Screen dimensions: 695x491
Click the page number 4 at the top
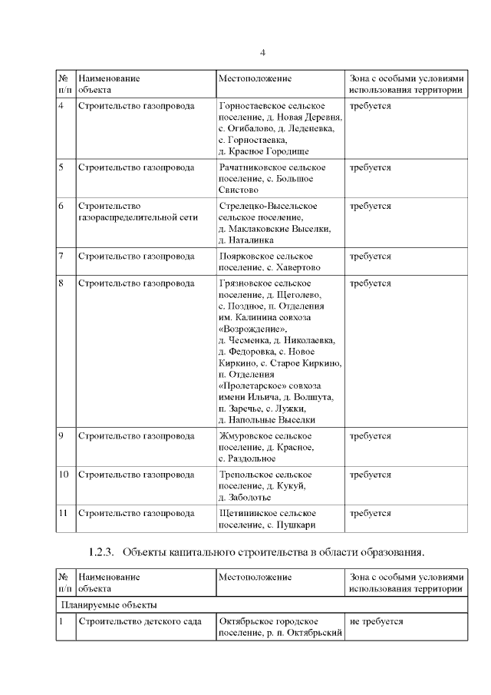[262, 52]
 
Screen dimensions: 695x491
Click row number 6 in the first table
[61, 206]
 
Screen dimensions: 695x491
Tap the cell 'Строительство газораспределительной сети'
[138, 212]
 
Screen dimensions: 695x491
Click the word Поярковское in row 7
[245, 256]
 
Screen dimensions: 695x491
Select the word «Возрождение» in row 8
[247, 328]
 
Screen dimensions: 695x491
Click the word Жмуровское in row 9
[245, 435]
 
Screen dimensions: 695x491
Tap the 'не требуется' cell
[376, 621]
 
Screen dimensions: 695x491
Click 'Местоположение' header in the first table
[255, 78]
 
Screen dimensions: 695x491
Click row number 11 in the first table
[64, 512]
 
